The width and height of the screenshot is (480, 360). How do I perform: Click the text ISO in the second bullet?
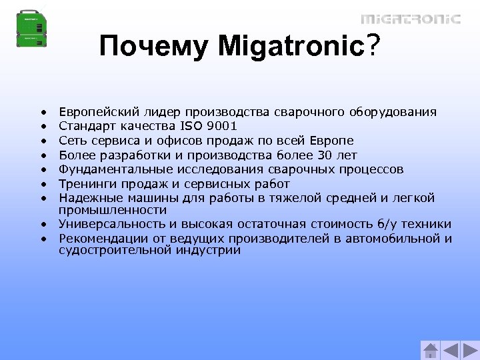tap(191, 126)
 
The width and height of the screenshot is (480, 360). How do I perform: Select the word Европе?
tap(332, 141)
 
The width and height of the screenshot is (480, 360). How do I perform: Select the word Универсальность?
tap(109, 224)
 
